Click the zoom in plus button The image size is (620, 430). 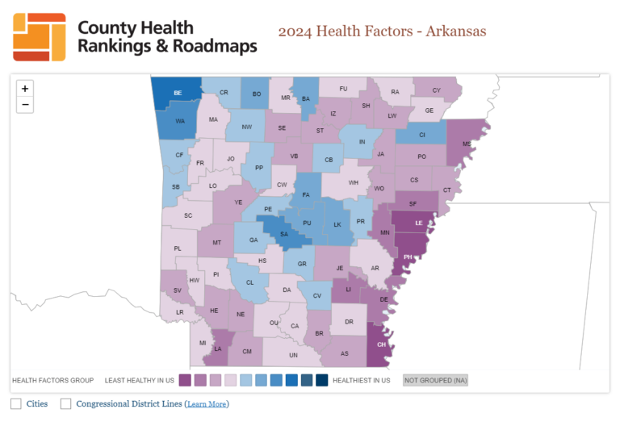pos(25,89)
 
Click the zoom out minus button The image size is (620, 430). pos(25,105)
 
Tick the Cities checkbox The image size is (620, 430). pos(16,403)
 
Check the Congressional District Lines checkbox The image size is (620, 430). pos(66,403)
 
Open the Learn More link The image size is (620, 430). pos(207,404)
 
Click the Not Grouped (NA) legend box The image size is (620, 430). pos(435,380)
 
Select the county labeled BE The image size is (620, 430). pos(178,94)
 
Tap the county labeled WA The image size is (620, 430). pos(180,122)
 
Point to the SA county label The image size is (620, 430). pos(284,235)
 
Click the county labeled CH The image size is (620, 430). pos(382,344)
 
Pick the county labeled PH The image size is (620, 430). pos(408,257)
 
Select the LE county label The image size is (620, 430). pos(418,223)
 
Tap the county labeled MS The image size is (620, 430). pos(466,144)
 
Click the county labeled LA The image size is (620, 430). pos(218,349)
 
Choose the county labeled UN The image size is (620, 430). pos(293,355)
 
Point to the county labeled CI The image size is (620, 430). pos(421,135)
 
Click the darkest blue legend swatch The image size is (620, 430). pos(321,380)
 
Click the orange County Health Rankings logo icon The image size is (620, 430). pos(40,37)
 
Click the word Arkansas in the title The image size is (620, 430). pos(457,31)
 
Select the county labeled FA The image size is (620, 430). pos(306,195)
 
